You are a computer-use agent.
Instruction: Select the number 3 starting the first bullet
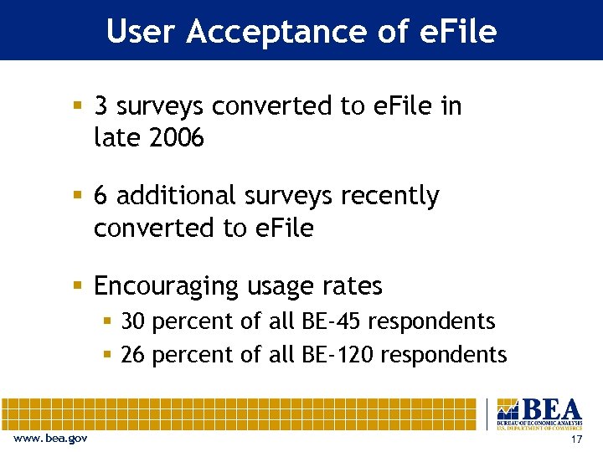(101, 106)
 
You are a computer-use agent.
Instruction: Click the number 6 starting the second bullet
(101, 196)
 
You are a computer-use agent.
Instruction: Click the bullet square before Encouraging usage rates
(78, 286)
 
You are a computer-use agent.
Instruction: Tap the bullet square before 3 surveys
(78, 106)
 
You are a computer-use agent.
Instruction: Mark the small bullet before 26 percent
(107, 355)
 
